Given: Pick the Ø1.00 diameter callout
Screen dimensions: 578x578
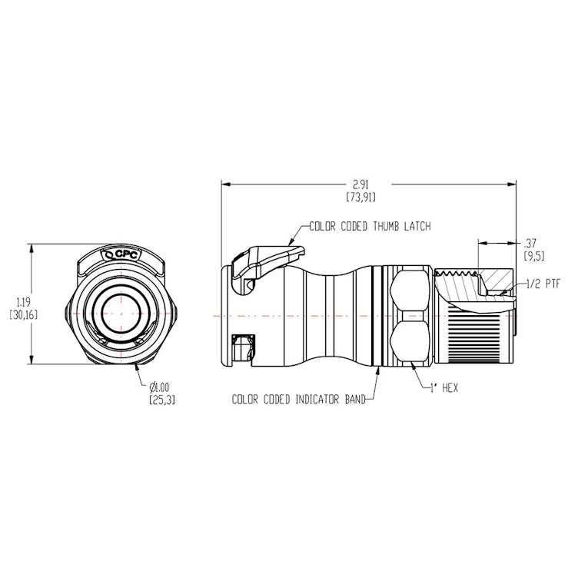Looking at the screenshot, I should click(158, 387).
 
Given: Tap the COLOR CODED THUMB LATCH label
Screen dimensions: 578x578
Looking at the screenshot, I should click(370, 227).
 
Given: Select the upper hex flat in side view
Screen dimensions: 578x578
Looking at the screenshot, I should click(407, 290).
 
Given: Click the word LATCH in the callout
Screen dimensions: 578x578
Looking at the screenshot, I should click(414, 227).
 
